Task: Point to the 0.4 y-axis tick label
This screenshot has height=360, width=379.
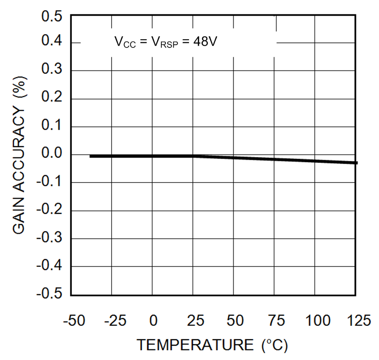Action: tap(51, 43)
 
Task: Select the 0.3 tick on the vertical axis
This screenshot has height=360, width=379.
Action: tap(51, 71)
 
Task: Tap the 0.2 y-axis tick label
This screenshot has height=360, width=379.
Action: tap(51, 99)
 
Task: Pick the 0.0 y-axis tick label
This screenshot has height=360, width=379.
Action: tap(51, 154)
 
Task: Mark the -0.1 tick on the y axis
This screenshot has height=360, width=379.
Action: tap(49, 183)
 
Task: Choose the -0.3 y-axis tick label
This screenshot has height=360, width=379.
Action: tap(49, 238)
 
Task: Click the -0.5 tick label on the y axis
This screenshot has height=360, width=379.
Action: tap(49, 294)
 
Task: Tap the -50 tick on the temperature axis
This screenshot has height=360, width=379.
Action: tap(75, 321)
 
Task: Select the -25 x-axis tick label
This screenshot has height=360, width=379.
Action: tap(113, 321)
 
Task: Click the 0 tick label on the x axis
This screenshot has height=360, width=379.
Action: tap(153, 321)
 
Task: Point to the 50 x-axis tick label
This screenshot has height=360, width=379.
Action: tap(234, 321)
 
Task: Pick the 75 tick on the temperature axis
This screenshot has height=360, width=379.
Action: tap(275, 321)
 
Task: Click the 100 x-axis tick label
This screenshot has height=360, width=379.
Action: tap(315, 321)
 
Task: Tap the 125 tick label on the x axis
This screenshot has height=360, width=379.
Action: tap(355, 321)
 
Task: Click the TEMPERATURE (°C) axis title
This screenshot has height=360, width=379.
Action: tap(213, 345)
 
